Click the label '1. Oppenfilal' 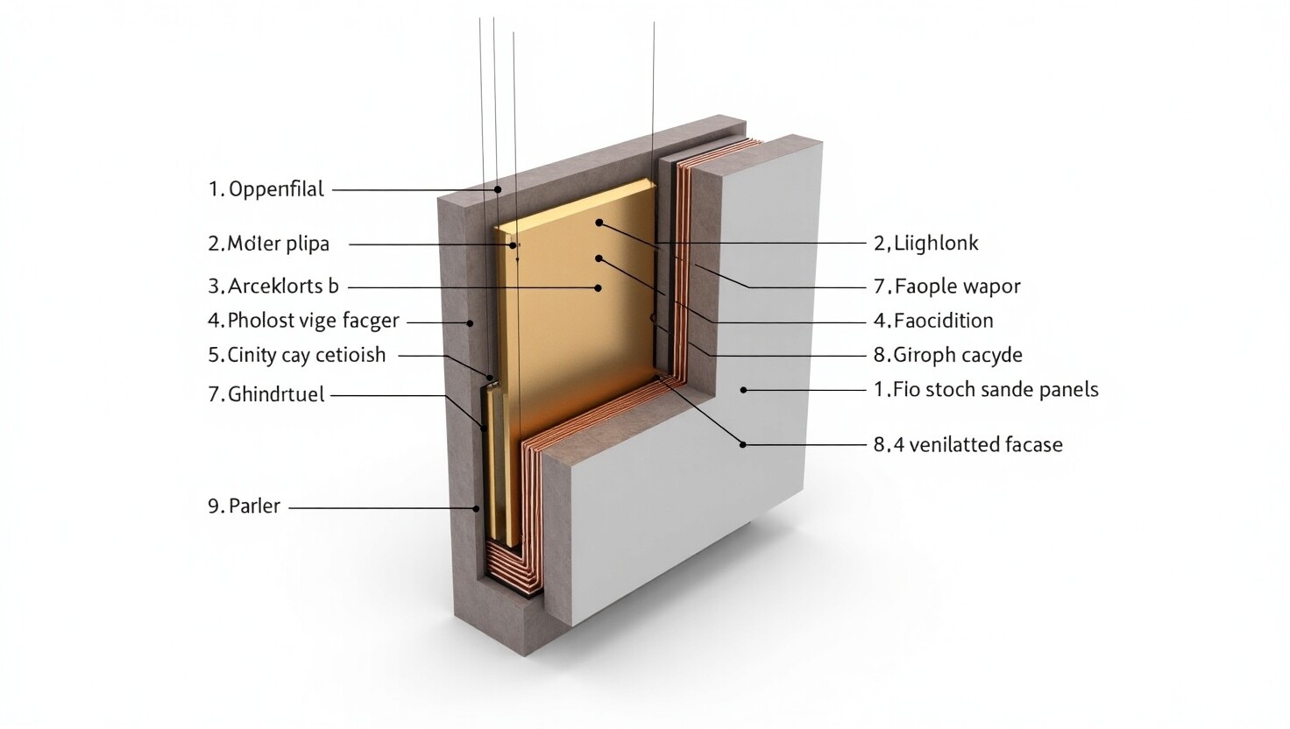(x=266, y=189)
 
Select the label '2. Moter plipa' (x=268, y=244)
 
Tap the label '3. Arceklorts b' (x=273, y=287)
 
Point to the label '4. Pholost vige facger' (x=303, y=321)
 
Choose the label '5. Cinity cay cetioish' (x=296, y=355)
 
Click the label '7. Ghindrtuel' (x=266, y=394)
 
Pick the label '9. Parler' (x=245, y=506)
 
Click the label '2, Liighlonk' (x=925, y=244)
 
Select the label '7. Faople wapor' (x=946, y=287)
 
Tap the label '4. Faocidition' (x=933, y=321)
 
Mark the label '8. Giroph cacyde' (x=948, y=355)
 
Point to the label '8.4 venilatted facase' (x=968, y=444)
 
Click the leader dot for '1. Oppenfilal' (x=498, y=189)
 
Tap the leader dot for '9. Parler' (x=476, y=508)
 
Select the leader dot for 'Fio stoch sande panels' (x=743, y=390)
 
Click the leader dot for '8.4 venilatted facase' (x=743, y=444)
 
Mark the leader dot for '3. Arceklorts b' (x=599, y=287)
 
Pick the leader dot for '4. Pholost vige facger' (x=470, y=323)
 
